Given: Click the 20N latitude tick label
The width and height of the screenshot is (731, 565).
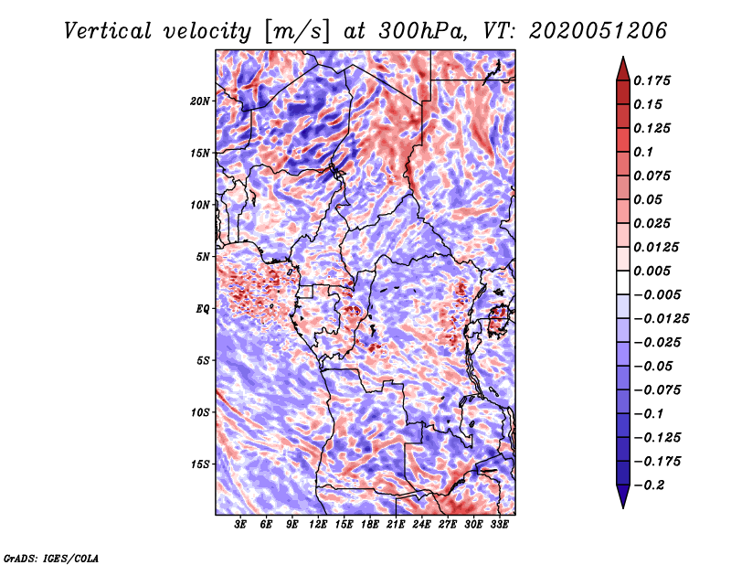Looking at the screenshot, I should (x=200, y=101).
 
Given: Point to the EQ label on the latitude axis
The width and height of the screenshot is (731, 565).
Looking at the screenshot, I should (x=203, y=309).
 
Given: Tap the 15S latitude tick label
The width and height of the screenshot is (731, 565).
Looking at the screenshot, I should (x=200, y=464).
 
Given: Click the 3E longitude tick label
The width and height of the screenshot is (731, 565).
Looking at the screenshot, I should (x=241, y=526).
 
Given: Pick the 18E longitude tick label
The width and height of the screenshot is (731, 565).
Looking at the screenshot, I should (x=370, y=526).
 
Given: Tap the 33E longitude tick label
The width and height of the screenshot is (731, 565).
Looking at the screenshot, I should (x=499, y=526).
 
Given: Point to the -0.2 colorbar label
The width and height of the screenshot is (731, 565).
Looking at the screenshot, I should (x=651, y=485).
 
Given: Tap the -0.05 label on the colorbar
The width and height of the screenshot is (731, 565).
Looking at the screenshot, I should (x=653, y=366).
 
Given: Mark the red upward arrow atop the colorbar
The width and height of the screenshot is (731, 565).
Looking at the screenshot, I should (x=622, y=67).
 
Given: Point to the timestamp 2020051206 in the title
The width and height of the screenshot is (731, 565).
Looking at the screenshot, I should (x=584, y=30).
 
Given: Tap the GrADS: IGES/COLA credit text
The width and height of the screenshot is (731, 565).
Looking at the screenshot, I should (x=50, y=556).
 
